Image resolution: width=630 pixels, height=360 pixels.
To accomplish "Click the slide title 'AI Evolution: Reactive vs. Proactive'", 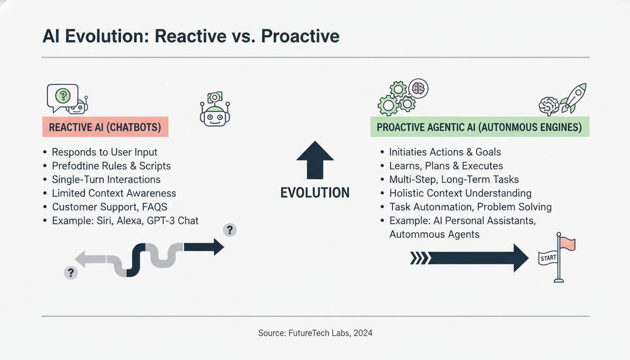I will [191, 36].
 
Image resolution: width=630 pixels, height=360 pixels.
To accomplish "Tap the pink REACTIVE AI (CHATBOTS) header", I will [105, 127].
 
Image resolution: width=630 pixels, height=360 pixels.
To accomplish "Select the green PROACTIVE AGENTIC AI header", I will [479, 127].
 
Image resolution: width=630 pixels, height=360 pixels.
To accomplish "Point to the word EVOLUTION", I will [315, 192].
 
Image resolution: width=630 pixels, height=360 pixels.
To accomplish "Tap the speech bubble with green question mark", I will [62, 97].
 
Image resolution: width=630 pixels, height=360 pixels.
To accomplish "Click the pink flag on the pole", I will [567, 243].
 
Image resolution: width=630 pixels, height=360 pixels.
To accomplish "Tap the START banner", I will [548, 257].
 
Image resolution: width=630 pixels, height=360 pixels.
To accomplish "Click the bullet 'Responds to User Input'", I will [105, 152].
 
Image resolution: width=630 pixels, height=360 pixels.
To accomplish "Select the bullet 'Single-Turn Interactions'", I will [106, 180].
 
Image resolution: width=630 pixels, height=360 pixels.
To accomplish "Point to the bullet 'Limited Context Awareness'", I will [114, 193].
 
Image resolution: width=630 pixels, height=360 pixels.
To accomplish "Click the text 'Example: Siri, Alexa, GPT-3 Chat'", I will [125, 220].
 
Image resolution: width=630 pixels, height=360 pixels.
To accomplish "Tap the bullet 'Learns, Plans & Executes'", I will [446, 166].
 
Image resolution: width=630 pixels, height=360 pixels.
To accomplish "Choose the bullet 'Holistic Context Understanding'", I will [460, 193].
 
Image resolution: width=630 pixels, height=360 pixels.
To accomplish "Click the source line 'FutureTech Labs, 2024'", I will [315, 333].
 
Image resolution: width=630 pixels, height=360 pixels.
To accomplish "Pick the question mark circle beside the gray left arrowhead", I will [70, 272].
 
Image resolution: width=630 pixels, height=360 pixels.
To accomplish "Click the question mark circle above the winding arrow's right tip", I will [230, 230].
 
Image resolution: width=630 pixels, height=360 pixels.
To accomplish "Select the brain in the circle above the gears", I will [418, 88].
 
